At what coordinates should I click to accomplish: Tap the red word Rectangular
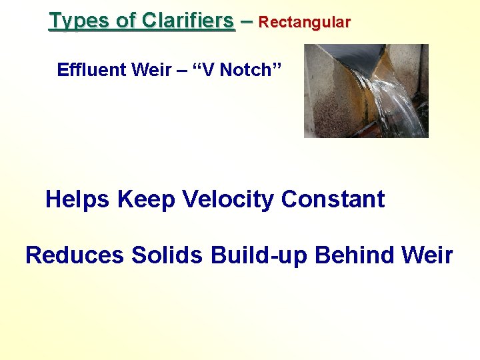click(x=304, y=22)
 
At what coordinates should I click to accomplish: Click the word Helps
click(x=78, y=199)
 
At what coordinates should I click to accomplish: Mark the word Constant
click(x=333, y=199)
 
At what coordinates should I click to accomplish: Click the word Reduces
click(x=74, y=255)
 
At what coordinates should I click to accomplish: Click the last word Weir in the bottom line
click(x=428, y=255)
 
